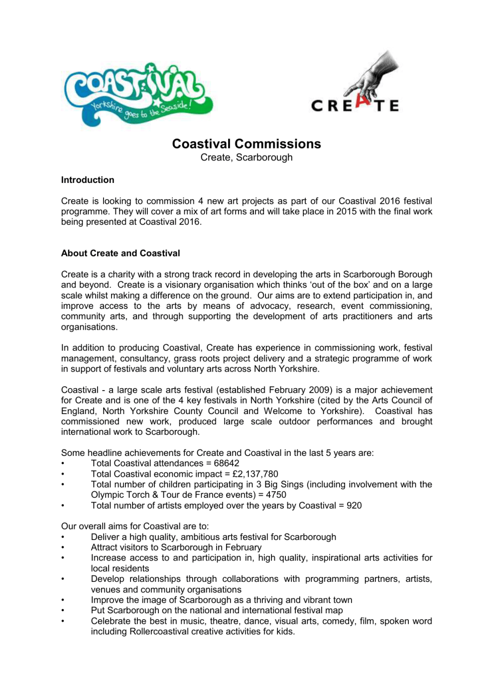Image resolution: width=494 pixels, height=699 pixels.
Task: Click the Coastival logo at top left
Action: point(138,95)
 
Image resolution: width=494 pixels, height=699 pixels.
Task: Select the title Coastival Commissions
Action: point(247,144)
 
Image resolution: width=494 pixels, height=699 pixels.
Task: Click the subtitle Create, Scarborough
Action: point(247,157)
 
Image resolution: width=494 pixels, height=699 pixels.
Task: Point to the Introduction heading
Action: point(88,180)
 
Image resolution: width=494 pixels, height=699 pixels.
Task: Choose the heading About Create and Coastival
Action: point(121,253)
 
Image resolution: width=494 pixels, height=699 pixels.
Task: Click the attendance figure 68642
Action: point(227,463)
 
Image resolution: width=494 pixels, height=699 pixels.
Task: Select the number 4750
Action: point(276,495)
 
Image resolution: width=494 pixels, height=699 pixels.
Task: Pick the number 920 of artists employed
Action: point(354,505)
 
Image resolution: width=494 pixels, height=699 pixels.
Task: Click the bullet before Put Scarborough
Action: point(63,611)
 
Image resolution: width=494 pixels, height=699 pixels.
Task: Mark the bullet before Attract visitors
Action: point(63,548)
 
